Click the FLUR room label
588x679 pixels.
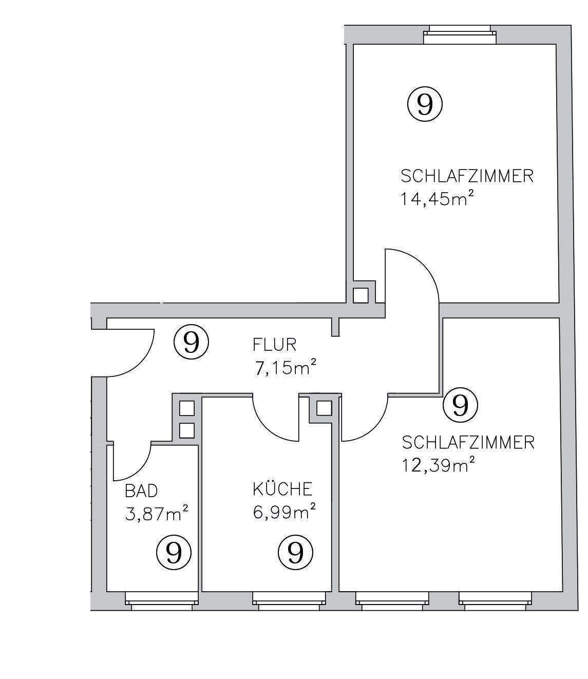pyautogui.click(x=274, y=344)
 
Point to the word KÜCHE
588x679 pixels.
pyautogui.click(x=282, y=489)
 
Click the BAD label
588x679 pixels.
pyautogui.click(x=141, y=491)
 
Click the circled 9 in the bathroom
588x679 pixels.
pyautogui.click(x=174, y=552)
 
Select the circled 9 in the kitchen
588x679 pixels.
pyautogui.click(x=296, y=552)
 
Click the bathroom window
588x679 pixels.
pyautogui.click(x=161, y=600)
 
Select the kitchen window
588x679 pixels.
pyautogui.click(x=289, y=600)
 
